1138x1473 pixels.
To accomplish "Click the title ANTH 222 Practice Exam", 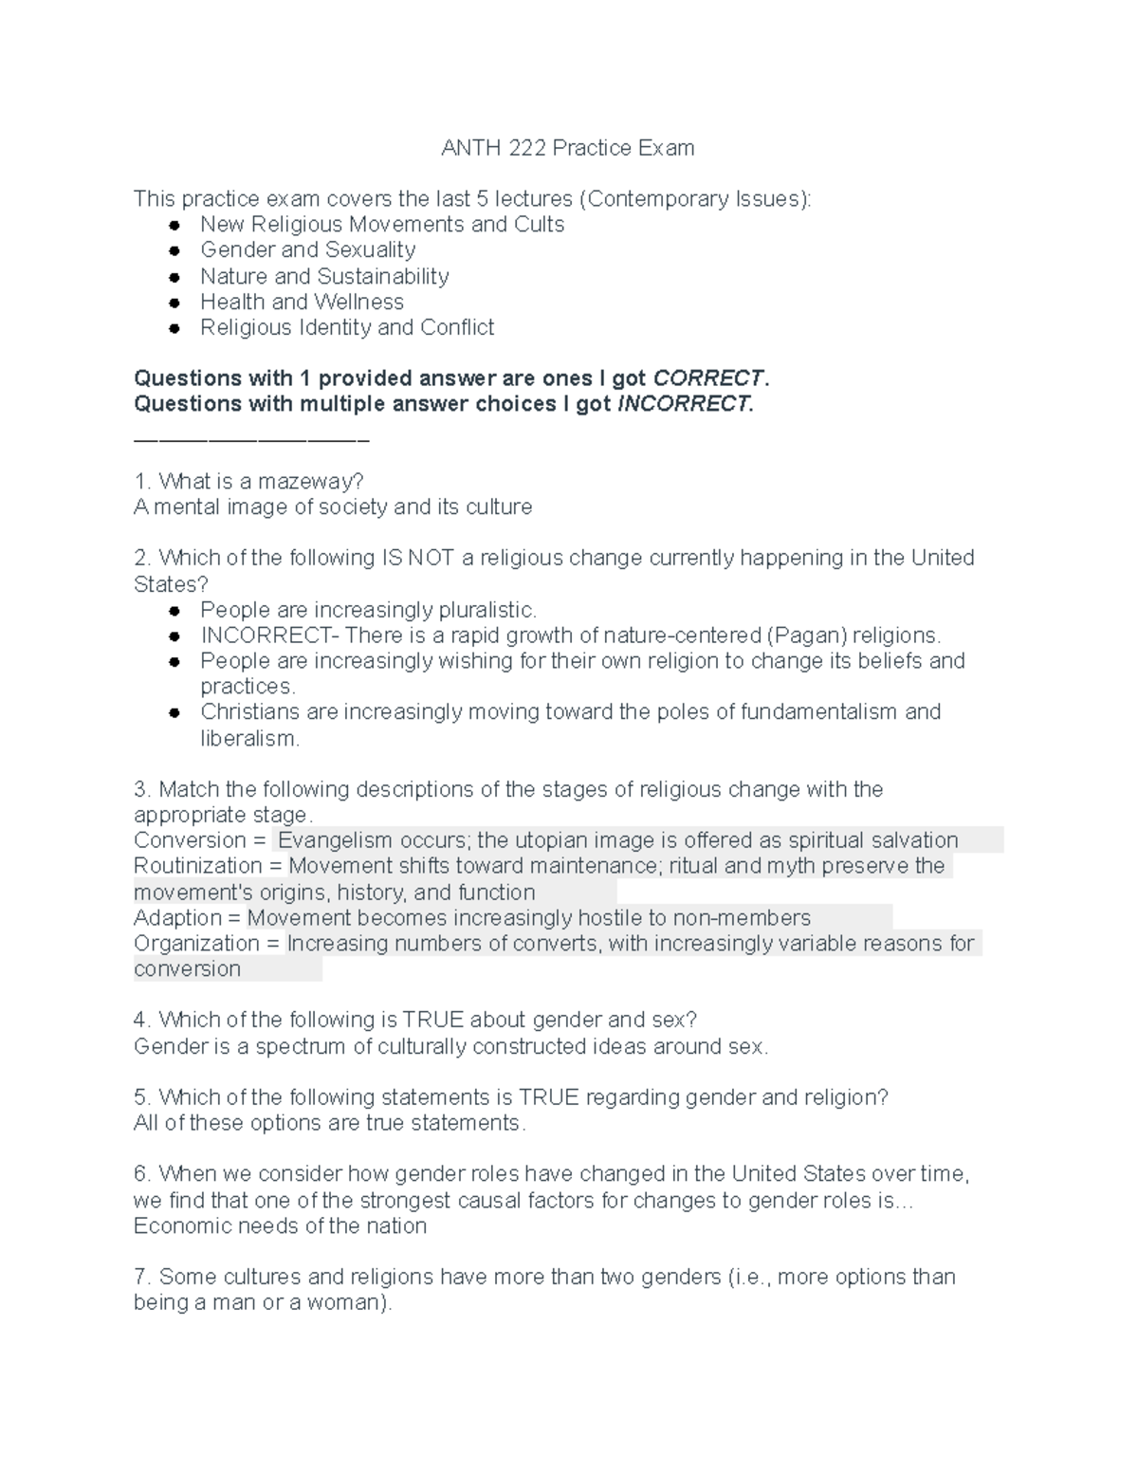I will [x=568, y=148].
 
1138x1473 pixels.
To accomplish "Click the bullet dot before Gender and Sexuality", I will [x=174, y=251].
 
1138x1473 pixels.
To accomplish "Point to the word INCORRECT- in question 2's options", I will [x=268, y=635].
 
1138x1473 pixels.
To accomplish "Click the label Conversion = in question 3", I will [x=200, y=841].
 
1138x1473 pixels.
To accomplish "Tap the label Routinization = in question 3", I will [x=208, y=867].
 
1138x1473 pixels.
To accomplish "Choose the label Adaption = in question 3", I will [x=187, y=918].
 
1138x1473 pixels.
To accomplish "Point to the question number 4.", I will [x=142, y=1021].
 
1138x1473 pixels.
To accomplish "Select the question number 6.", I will [x=142, y=1174].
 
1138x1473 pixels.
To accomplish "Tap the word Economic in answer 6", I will [x=174, y=1226].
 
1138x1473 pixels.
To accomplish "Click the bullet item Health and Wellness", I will [x=302, y=303].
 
